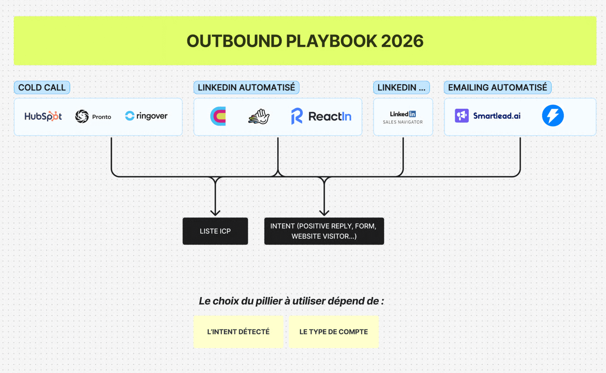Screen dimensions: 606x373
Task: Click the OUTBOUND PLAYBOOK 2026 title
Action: pyautogui.click(x=305, y=41)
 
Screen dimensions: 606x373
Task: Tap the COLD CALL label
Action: pyautogui.click(x=42, y=87)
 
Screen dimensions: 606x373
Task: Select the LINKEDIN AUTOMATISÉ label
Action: pyautogui.click(x=246, y=87)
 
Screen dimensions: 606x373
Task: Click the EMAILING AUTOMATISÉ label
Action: pyautogui.click(x=497, y=87)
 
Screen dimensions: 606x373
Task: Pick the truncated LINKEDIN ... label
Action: pyautogui.click(x=401, y=87)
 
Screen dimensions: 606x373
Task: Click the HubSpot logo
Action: pyautogui.click(x=43, y=116)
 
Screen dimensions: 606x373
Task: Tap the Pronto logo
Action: pyautogui.click(x=93, y=116)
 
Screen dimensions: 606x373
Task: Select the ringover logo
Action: pyautogui.click(x=146, y=116)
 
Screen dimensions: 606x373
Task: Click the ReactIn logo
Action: pyautogui.click(x=321, y=116)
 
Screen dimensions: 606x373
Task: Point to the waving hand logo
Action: pyautogui.click(x=259, y=116)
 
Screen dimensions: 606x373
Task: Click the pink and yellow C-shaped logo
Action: pyautogui.click(x=218, y=116)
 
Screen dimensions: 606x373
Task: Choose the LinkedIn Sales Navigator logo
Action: pyautogui.click(x=403, y=117)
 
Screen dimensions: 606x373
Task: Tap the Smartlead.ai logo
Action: pyautogui.click(x=488, y=116)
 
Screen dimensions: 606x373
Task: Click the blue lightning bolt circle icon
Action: pyautogui.click(x=553, y=115)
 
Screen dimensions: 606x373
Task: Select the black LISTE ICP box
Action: pyautogui.click(x=215, y=231)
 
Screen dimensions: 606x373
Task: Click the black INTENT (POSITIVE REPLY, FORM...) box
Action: pyautogui.click(x=324, y=231)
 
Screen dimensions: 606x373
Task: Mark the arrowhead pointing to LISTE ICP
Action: pyautogui.click(x=215, y=213)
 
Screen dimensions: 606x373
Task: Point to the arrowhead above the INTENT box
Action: pyautogui.click(x=324, y=213)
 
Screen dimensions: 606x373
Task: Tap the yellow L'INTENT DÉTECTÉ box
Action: pyautogui.click(x=238, y=332)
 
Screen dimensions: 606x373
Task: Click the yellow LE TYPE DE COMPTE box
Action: pyautogui.click(x=334, y=332)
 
